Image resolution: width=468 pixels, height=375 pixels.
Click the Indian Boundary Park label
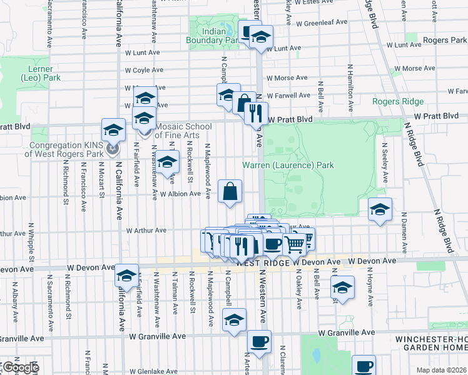click(x=213, y=36)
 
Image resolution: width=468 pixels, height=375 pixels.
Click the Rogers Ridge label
click(x=398, y=101)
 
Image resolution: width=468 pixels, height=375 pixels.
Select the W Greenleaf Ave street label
click(x=322, y=22)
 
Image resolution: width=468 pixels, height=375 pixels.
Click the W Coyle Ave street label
click(x=144, y=70)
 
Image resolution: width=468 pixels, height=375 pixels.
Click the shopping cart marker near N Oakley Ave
click(x=295, y=244)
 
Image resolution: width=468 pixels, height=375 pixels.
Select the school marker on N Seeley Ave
click(x=379, y=211)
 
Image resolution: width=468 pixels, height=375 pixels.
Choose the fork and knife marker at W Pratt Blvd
click(x=255, y=113)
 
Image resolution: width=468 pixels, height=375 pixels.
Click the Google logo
click(x=20, y=367)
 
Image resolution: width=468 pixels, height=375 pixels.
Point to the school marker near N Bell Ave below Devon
click(x=343, y=288)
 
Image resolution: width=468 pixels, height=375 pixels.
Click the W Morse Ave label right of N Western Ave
click(x=287, y=78)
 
